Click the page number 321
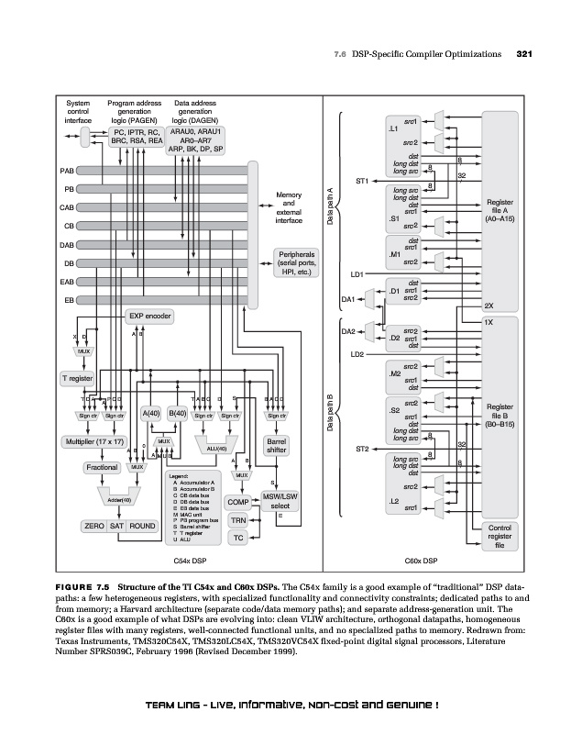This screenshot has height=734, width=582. (x=525, y=55)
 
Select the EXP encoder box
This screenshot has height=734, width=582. (x=149, y=317)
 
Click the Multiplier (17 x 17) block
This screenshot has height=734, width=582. (x=93, y=442)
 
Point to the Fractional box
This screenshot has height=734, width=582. (x=101, y=468)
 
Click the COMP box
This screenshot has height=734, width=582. (x=238, y=503)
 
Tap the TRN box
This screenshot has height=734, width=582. (x=238, y=520)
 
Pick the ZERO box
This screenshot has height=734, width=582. (x=93, y=527)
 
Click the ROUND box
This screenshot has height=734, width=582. (x=142, y=527)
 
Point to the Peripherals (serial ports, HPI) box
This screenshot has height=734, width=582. (x=294, y=263)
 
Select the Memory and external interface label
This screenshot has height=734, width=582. (x=288, y=207)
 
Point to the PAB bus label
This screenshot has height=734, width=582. (x=67, y=171)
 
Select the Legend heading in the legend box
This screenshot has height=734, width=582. (x=180, y=475)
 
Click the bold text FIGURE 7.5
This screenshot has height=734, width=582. (x=83, y=584)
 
